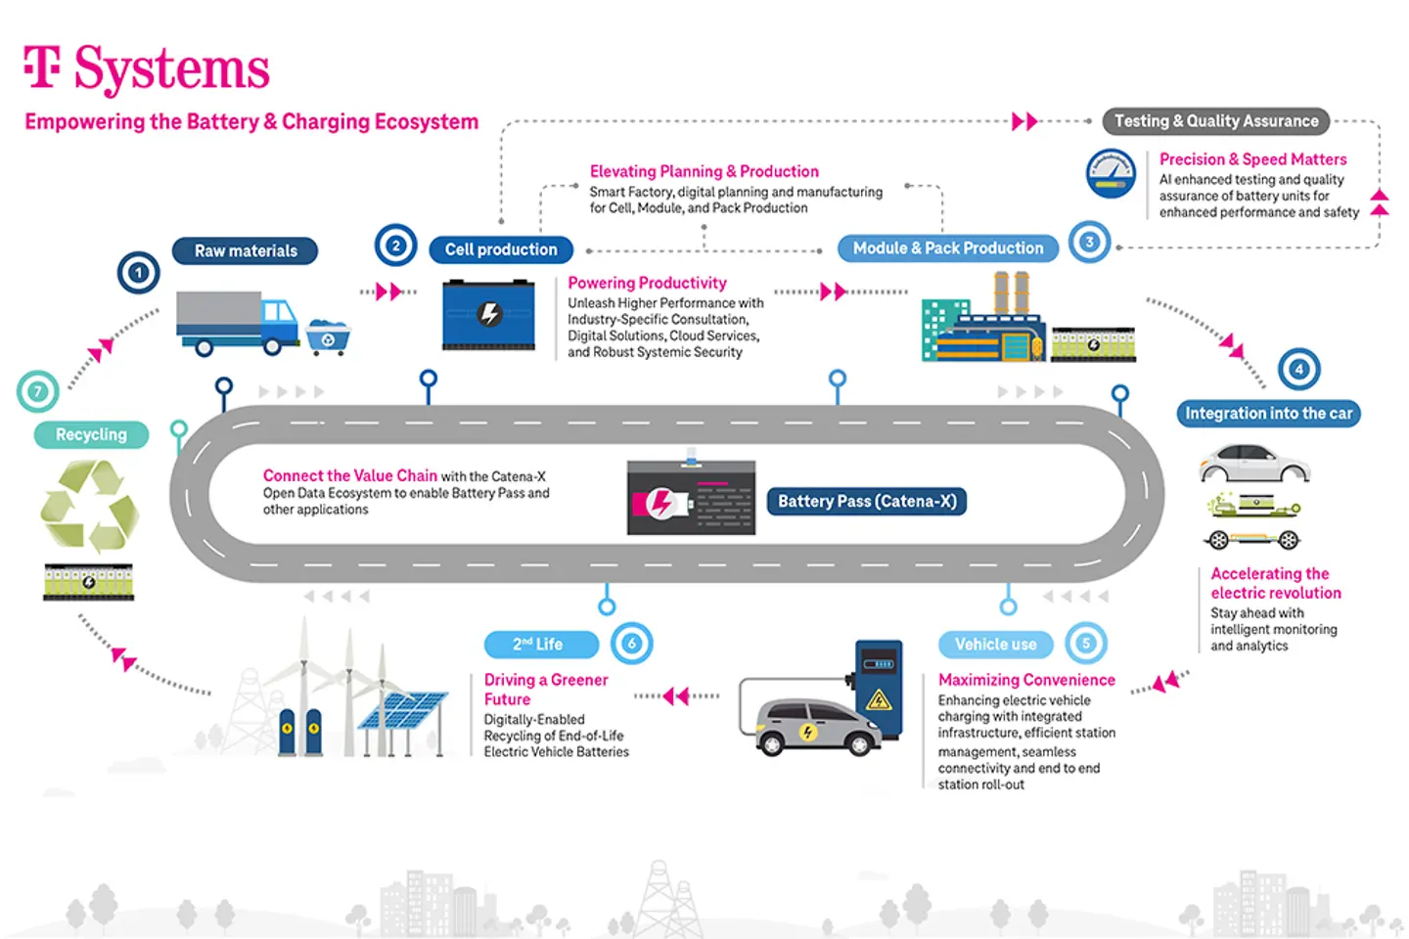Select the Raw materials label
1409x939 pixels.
pos(245,251)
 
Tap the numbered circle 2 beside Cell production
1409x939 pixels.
pos(395,246)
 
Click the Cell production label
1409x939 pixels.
pos(501,249)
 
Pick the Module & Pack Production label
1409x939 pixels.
pos(947,248)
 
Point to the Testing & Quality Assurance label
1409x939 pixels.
pos(1215,121)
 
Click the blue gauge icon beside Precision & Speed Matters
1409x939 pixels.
pos(1111,174)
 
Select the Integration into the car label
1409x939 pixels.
pos(1268,414)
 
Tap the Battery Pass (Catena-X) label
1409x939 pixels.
pos(866,502)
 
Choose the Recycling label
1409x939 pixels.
pos(91,434)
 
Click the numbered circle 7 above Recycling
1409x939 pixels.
pos(38,392)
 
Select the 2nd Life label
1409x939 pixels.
pos(540,645)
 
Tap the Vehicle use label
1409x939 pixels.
pos(995,645)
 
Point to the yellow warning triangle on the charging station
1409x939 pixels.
pos(878,699)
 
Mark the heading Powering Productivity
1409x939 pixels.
pos(647,283)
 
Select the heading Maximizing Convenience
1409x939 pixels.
pos(1026,680)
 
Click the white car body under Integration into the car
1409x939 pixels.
pos(1253,463)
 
